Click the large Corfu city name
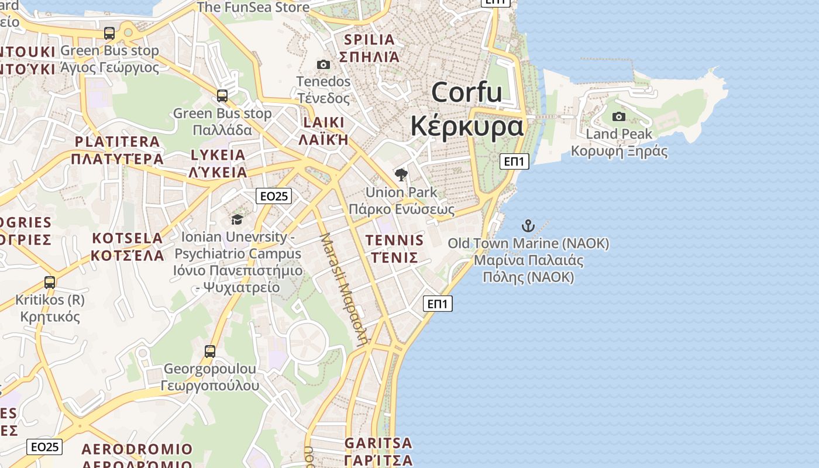pos(467,92)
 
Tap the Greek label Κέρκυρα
pos(467,125)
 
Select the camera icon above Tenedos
pos(323,64)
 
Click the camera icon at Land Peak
pos(618,117)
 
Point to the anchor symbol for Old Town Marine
pos(528,226)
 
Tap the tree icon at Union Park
pos(401,174)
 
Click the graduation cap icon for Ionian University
pos(237,219)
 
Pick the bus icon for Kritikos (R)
pos(50,283)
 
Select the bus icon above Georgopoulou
pos(210,352)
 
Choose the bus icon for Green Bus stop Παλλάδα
pos(222,96)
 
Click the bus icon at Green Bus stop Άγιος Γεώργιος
pos(109,33)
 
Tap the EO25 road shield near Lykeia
pos(273,196)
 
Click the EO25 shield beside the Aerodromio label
pos(44,447)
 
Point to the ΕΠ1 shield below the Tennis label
pos(438,304)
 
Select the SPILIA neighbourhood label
pos(370,40)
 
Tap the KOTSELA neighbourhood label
pos(128,239)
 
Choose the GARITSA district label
pos(378,443)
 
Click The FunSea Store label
pos(253,8)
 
